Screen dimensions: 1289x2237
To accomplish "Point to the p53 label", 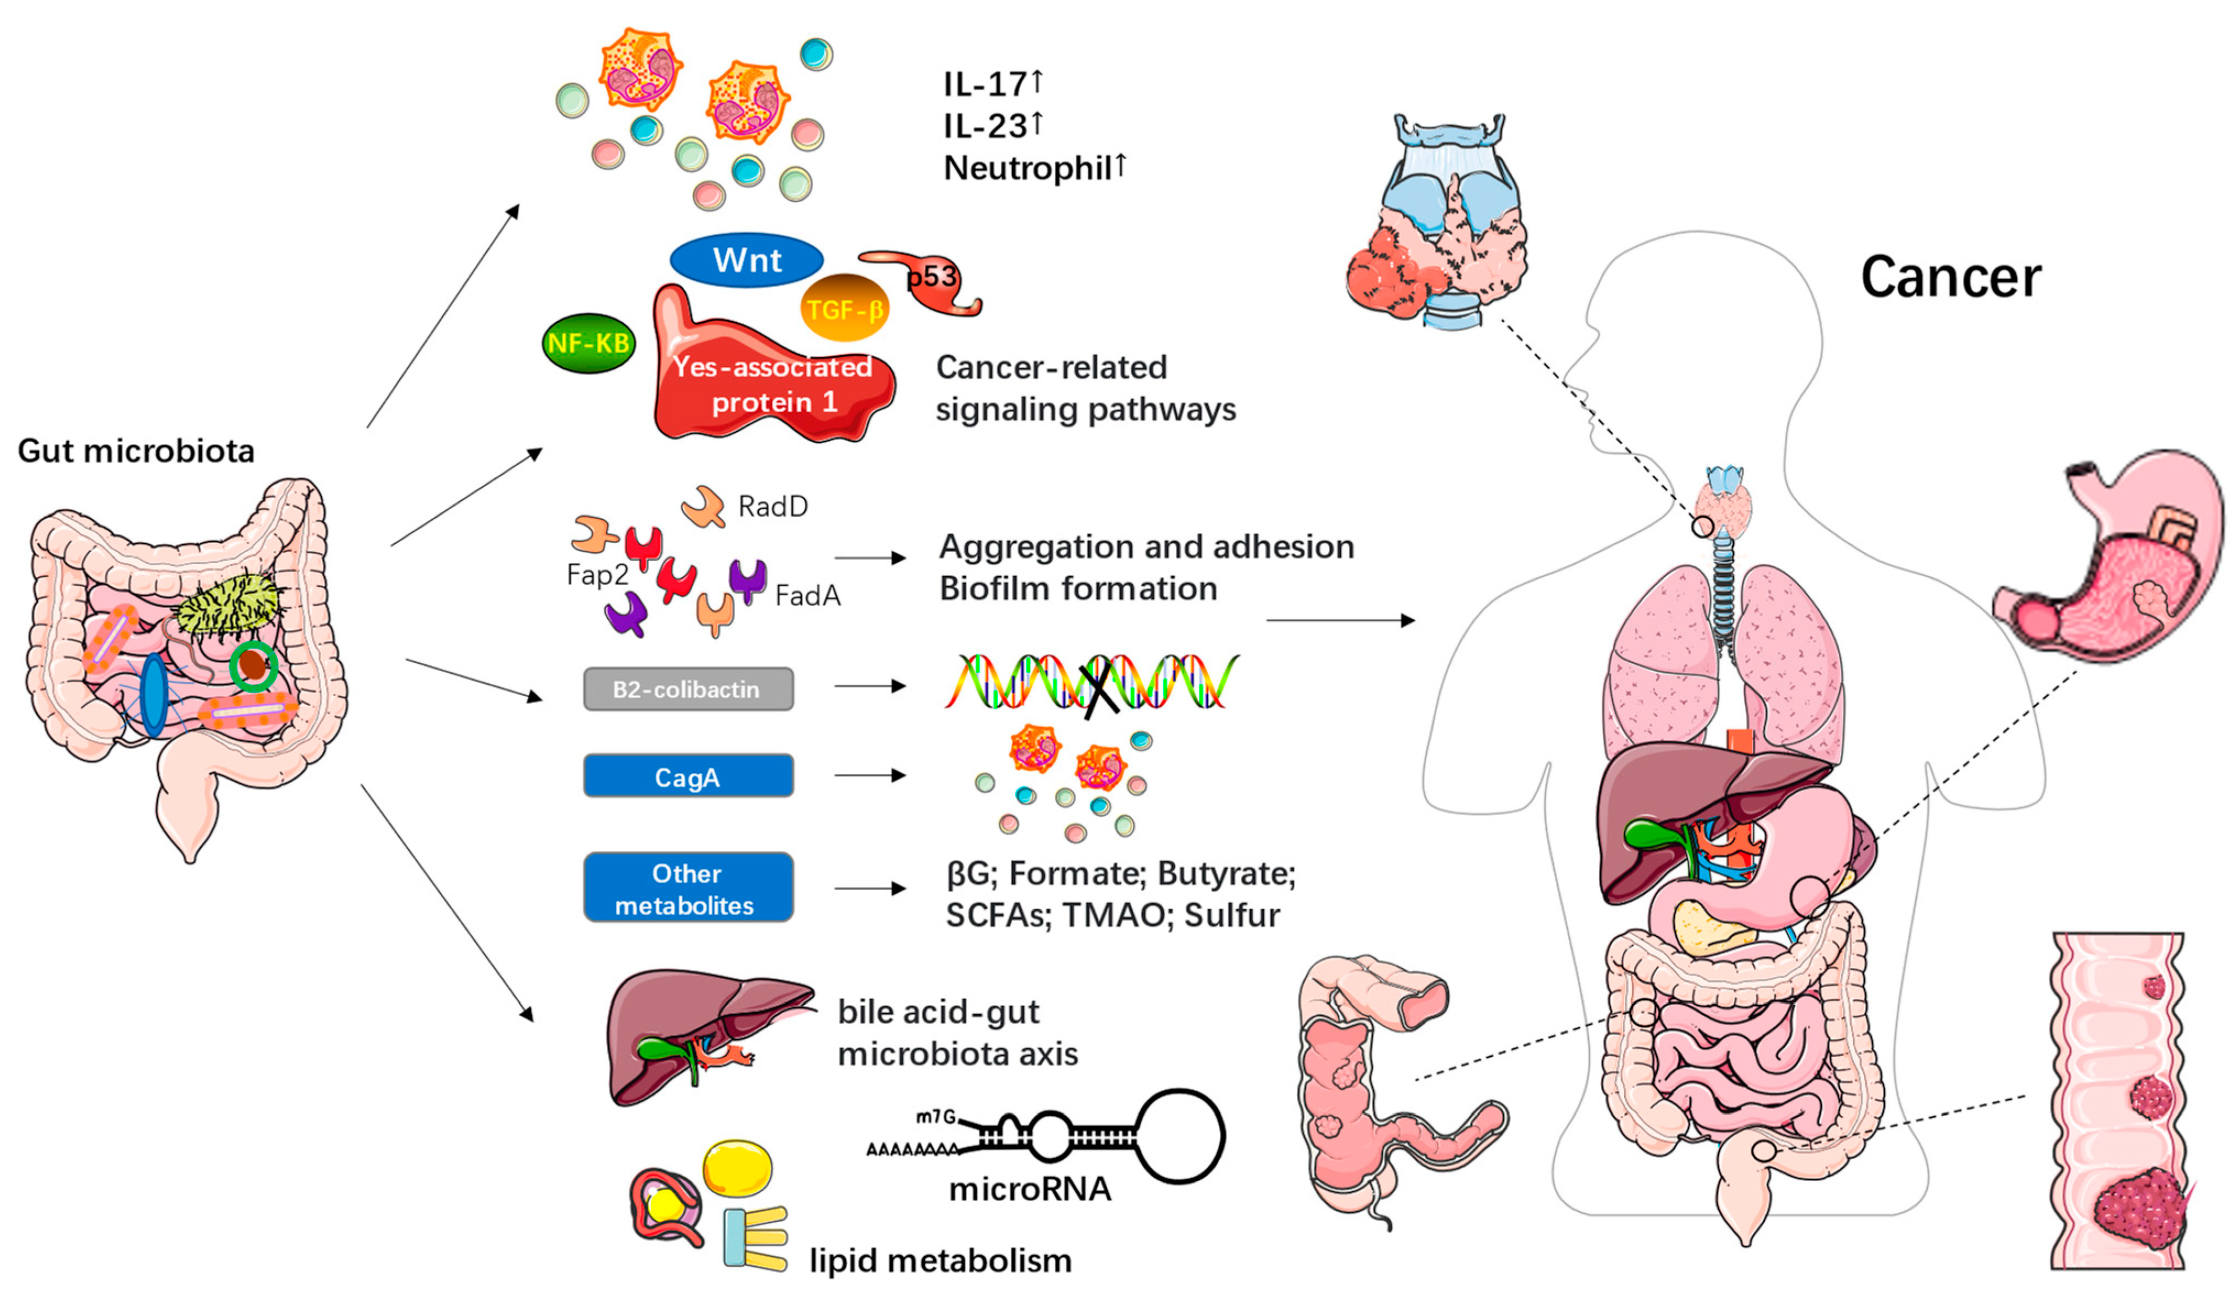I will [932, 277].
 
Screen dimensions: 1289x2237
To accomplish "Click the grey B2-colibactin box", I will [688, 689].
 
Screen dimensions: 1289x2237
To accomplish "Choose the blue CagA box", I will [688, 776].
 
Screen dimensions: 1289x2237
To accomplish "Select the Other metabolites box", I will [688, 888].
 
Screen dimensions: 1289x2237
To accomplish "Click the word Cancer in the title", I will [1950, 278].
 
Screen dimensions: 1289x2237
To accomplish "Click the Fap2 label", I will [597, 575].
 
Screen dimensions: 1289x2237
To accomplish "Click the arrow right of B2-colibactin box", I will [870, 686].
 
